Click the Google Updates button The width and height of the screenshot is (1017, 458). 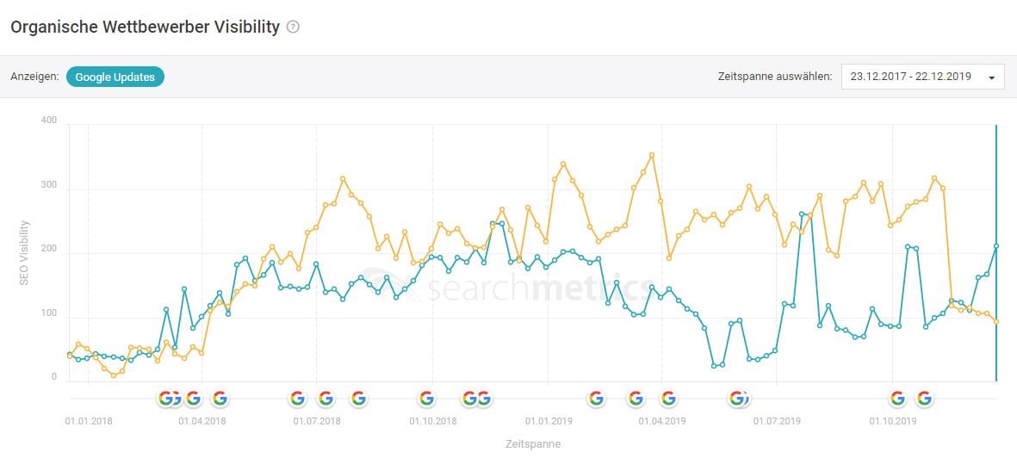[115, 77]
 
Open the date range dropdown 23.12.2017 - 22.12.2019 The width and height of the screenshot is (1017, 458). [922, 77]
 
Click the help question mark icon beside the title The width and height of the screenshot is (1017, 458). [293, 27]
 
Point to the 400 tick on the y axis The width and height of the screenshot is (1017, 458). [48, 121]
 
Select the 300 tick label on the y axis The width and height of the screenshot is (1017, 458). [48, 185]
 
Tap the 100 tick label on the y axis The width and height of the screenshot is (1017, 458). [48, 314]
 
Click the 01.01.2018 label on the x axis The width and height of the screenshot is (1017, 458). [88, 422]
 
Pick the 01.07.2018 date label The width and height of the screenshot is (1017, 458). [316, 422]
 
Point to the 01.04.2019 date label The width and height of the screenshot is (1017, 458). [661, 422]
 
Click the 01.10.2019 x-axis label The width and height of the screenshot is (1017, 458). [892, 422]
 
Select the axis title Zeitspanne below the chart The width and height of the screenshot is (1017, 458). [532, 444]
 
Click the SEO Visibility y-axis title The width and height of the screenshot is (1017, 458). [24, 253]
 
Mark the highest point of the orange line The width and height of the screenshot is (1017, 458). [652, 155]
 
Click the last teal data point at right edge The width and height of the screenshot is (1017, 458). [996, 246]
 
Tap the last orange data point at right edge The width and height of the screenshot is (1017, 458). [996, 321]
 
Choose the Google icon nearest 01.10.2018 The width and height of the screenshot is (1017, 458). [426, 398]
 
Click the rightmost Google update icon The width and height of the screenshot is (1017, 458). [924, 398]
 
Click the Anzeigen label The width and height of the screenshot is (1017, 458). [34, 77]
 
